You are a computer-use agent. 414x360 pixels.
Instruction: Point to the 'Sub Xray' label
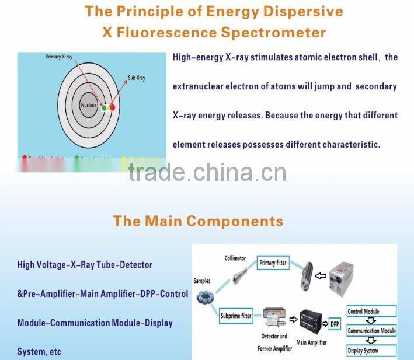coord(137,78)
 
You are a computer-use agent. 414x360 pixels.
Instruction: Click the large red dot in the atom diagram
coord(113,107)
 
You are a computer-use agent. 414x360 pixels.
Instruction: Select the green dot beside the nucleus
coord(104,108)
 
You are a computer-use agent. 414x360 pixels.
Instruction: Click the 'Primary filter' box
coord(273,263)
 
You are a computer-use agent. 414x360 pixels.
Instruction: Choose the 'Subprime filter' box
coord(236,317)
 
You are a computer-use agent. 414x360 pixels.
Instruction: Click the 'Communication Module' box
coord(371,331)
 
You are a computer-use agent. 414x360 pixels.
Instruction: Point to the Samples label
coord(202,281)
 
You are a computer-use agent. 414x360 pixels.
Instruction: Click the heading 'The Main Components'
coord(198,221)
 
